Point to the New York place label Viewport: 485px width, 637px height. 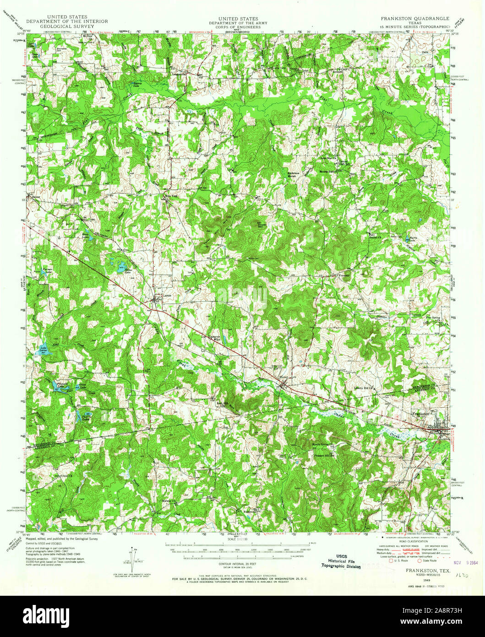click(x=171, y=196)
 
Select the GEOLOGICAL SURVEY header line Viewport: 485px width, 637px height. click(x=66, y=27)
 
